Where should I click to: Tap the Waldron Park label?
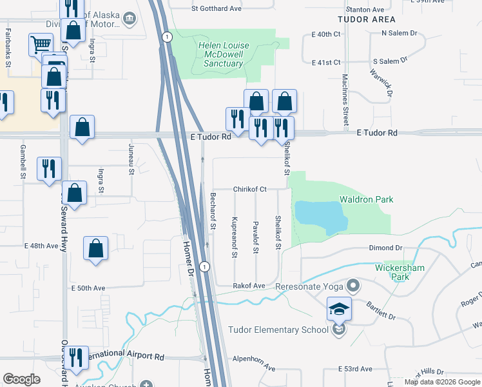[x=367, y=200]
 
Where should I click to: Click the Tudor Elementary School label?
[x=278, y=330]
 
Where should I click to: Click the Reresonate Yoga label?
[x=309, y=286]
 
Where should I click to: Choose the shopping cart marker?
[x=41, y=44]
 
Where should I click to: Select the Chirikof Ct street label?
[x=250, y=189]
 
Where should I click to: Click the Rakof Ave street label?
[x=249, y=285]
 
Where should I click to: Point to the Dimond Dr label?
[x=385, y=248]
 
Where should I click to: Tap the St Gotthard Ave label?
[x=215, y=9]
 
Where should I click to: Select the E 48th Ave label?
[x=42, y=246]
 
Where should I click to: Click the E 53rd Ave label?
[x=356, y=369]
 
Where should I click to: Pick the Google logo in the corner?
[x=21, y=379]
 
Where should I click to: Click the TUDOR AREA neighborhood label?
[x=366, y=19]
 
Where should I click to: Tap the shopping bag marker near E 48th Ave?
[x=95, y=248]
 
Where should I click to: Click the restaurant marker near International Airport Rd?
[x=76, y=357]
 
